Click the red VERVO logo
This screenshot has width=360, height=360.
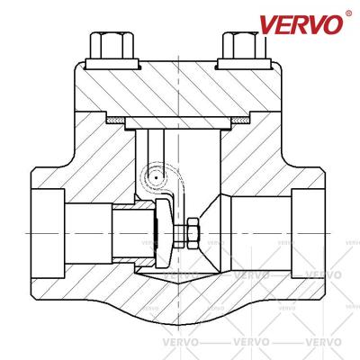[x=301, y=24]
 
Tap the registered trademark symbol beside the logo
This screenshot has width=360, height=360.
[x=348, y=13]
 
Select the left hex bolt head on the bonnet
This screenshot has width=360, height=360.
[x=111, y=45]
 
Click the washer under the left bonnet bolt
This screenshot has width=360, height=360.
[x=112, y=64]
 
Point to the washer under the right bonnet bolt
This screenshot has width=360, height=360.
[x=245, y=64]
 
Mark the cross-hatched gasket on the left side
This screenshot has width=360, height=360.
[x=116, y=121]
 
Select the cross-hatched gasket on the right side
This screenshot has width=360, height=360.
[x=240, y=121]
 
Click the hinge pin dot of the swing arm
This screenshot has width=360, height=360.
[x=157, y=177]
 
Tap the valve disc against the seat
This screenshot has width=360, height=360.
[x=164, y=233]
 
